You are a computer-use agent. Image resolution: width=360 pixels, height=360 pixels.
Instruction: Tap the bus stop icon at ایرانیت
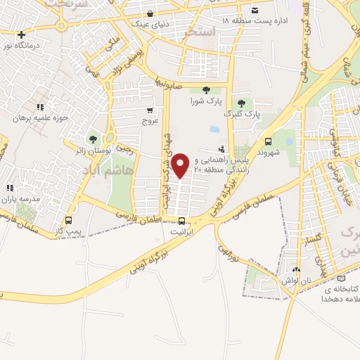pos(182,221)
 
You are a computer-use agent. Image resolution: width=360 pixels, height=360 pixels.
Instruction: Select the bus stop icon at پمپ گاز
pos(68,221)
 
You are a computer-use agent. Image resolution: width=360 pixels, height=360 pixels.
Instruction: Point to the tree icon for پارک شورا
pos(206,90)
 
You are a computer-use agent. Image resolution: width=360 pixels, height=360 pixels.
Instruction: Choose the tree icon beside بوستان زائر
pos(92,139)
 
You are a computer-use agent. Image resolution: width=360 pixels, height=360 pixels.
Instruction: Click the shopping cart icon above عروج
pos(150,110)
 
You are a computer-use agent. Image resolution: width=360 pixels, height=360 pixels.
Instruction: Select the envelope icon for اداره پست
pos(255,10)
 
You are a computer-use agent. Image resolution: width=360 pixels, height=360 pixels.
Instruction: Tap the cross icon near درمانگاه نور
pos(22,34)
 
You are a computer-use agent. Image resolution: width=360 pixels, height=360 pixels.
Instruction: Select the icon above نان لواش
pos(296,270)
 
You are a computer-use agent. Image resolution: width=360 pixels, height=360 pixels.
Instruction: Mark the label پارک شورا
pos(205,101)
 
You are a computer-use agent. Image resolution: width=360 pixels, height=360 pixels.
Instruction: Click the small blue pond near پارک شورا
pos(213,130)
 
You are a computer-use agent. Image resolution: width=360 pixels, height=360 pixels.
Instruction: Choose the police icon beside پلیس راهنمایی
pos(222,149)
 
